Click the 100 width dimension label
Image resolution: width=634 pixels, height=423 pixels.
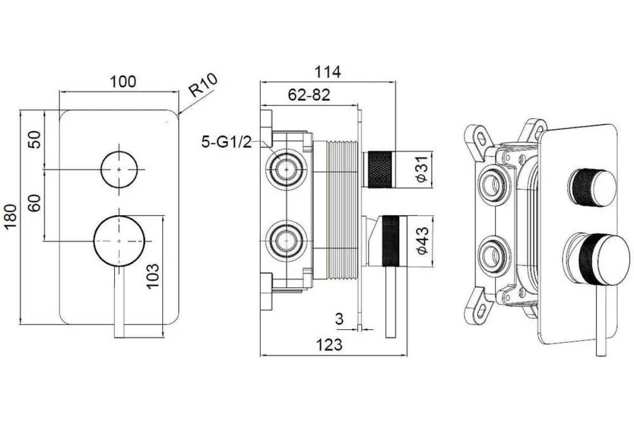click(123, 81)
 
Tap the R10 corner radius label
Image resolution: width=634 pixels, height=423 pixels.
click(203, 85)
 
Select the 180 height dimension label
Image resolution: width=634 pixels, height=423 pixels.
click(11, 217)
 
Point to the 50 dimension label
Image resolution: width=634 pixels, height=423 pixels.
click(34, 140)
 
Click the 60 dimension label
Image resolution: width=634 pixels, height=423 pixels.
click(34, 203)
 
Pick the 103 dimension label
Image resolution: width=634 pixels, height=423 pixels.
click(153, 276)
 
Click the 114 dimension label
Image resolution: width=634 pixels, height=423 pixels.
click(328, 72)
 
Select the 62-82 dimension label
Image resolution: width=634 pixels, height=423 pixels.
click(309, 95)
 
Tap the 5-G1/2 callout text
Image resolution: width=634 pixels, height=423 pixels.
click(226, 142)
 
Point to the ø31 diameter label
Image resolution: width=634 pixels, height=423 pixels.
click(423, 169)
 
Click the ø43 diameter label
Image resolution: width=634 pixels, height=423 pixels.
click(423, 241)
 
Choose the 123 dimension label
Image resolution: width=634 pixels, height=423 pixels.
click(329, 345)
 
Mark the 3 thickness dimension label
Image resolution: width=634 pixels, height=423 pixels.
click(339, 319)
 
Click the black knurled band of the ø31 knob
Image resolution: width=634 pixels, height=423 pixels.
click(380, 169)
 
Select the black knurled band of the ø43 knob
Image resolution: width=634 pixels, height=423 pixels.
click(391, 241)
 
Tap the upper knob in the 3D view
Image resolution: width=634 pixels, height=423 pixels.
click(592, 188)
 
